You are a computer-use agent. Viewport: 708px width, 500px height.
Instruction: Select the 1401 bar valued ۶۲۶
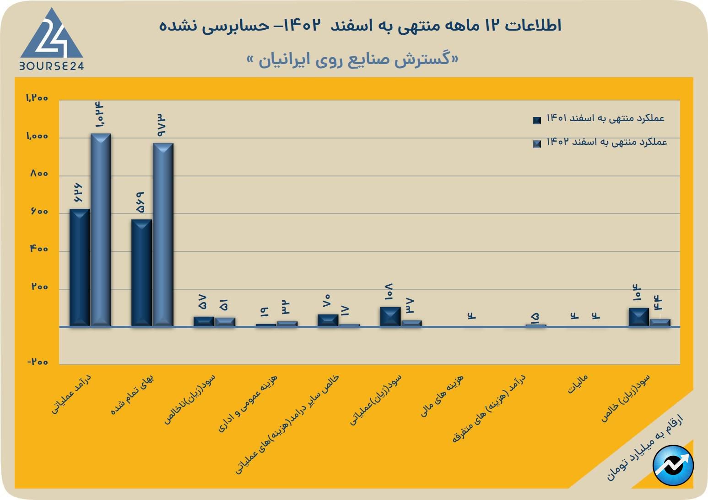coord(80,267)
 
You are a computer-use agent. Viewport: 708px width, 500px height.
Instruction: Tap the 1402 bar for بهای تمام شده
coord(163,234)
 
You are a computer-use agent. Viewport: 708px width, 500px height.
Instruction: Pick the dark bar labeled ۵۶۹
coord(141,273)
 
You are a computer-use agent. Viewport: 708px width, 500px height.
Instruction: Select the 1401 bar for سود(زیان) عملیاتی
coord(390,316)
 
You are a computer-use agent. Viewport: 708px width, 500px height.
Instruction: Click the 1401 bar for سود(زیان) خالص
coord(638,317)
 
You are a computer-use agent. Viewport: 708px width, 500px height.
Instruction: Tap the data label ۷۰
coord(327,301)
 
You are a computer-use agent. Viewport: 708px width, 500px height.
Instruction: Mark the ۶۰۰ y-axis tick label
coord(39,212)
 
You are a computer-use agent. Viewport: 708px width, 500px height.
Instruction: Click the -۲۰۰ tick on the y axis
coord(38,362)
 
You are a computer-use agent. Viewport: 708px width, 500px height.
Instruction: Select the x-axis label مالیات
coord(578,384)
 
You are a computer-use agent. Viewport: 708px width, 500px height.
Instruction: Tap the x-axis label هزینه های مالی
coord(442,396)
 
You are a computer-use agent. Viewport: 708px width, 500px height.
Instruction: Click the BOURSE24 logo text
coord(51,66)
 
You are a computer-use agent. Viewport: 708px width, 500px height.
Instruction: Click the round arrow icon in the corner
coord(673,465)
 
